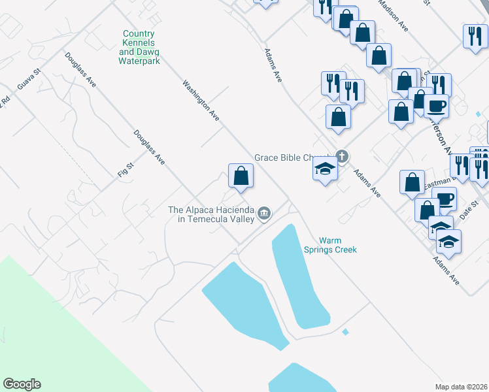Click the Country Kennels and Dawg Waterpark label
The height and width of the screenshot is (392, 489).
click(139, 47)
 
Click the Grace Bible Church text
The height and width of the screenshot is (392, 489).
click(292, 157)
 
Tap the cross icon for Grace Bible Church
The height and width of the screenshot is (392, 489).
click(341, 156)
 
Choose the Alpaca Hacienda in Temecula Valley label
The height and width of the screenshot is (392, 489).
click(211, 214)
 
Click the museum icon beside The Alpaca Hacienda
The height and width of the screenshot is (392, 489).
click(264, 213)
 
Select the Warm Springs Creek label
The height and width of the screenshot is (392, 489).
click(329, 244)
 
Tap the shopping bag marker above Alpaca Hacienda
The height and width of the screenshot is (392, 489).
click(241, 176)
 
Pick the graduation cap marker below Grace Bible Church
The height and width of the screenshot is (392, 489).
click(325, 170)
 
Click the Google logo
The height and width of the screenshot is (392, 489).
click(22, 384)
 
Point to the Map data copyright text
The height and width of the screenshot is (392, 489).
click(461, 386)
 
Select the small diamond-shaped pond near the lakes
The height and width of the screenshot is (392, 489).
click(345, 332)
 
